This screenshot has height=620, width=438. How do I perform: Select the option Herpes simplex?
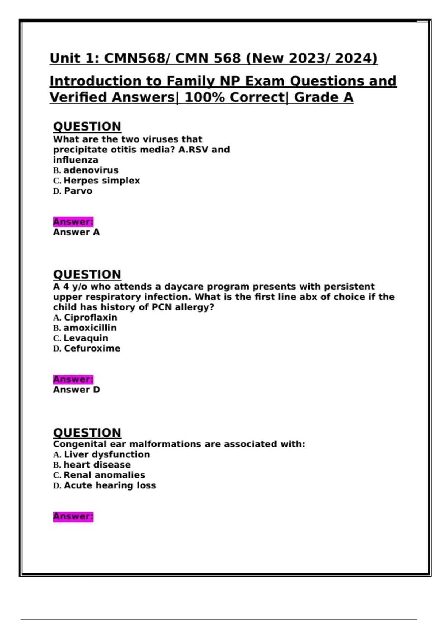coord(101,181)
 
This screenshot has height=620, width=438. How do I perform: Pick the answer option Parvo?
coord(78,191)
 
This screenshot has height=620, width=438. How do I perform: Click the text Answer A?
coord(76,232)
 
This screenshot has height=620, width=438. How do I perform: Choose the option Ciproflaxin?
coord(91,318)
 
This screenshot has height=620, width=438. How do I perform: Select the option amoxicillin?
coord(90,328)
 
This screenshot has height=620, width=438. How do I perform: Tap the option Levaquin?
coord(86,338)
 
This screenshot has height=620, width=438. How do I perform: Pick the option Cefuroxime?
coord(92,349)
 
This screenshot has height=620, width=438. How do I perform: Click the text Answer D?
coord(76,390)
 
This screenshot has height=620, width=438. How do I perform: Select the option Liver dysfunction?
coord(107,454)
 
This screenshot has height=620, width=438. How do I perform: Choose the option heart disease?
coord(97,465)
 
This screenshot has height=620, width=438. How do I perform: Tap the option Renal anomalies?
coord(104,475)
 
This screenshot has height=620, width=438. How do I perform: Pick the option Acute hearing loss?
coord(110,485)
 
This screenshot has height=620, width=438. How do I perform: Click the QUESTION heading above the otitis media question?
coord(87,127)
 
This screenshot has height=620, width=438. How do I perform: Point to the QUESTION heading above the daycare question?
coord(87,274)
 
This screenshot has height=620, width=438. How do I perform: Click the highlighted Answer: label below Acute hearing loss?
coord(73,516)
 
